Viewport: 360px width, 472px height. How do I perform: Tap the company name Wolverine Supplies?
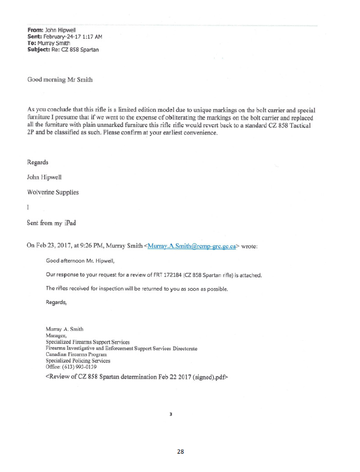click(53, 192)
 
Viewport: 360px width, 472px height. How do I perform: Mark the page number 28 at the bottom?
click(180, 452)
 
